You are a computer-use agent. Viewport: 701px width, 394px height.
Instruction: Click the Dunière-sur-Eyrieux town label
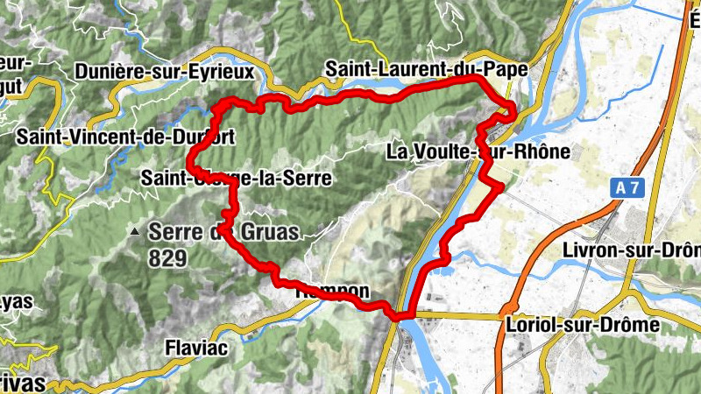coord(165,70)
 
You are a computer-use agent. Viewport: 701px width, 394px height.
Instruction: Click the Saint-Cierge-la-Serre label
coord(236,179)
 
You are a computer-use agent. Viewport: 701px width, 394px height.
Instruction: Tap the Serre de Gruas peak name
coord(223,232)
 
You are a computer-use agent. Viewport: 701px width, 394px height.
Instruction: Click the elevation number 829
coord(167,257)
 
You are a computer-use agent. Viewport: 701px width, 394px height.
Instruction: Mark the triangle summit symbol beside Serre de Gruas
coord(134,232)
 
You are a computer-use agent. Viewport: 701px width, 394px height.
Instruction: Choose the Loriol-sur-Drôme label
coord(583,325)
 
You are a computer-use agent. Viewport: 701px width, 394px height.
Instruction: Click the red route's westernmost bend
coord(190,160)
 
